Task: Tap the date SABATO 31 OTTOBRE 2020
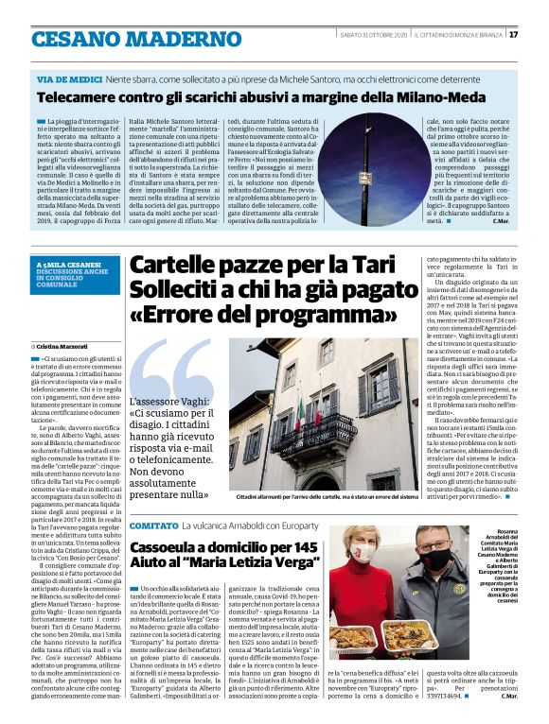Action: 374,35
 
